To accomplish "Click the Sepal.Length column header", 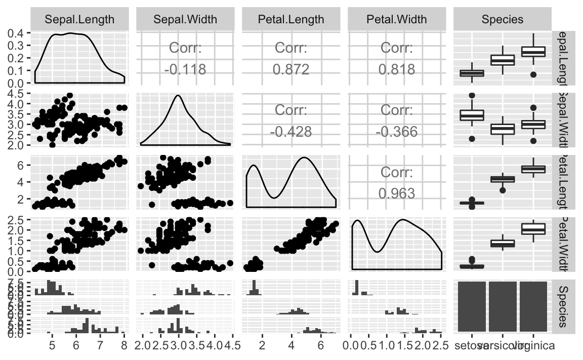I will tap(79, 20).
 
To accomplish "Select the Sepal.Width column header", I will tap(185, 20).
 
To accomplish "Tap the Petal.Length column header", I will tap(291, 20).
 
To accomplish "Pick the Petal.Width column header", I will tap(397, 20).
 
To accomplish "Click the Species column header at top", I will tap(503, 20).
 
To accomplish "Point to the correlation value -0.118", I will tap(185, 69).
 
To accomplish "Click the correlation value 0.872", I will tap(291, 69).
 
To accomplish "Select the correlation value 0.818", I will tap(397, 69).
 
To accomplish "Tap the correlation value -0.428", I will tap(291, 131).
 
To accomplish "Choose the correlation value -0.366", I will tap(397, 131).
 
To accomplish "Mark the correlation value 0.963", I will tap(397, 193).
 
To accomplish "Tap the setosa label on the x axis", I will tap(471, 346).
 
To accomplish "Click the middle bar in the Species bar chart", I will tap(503, 307).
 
